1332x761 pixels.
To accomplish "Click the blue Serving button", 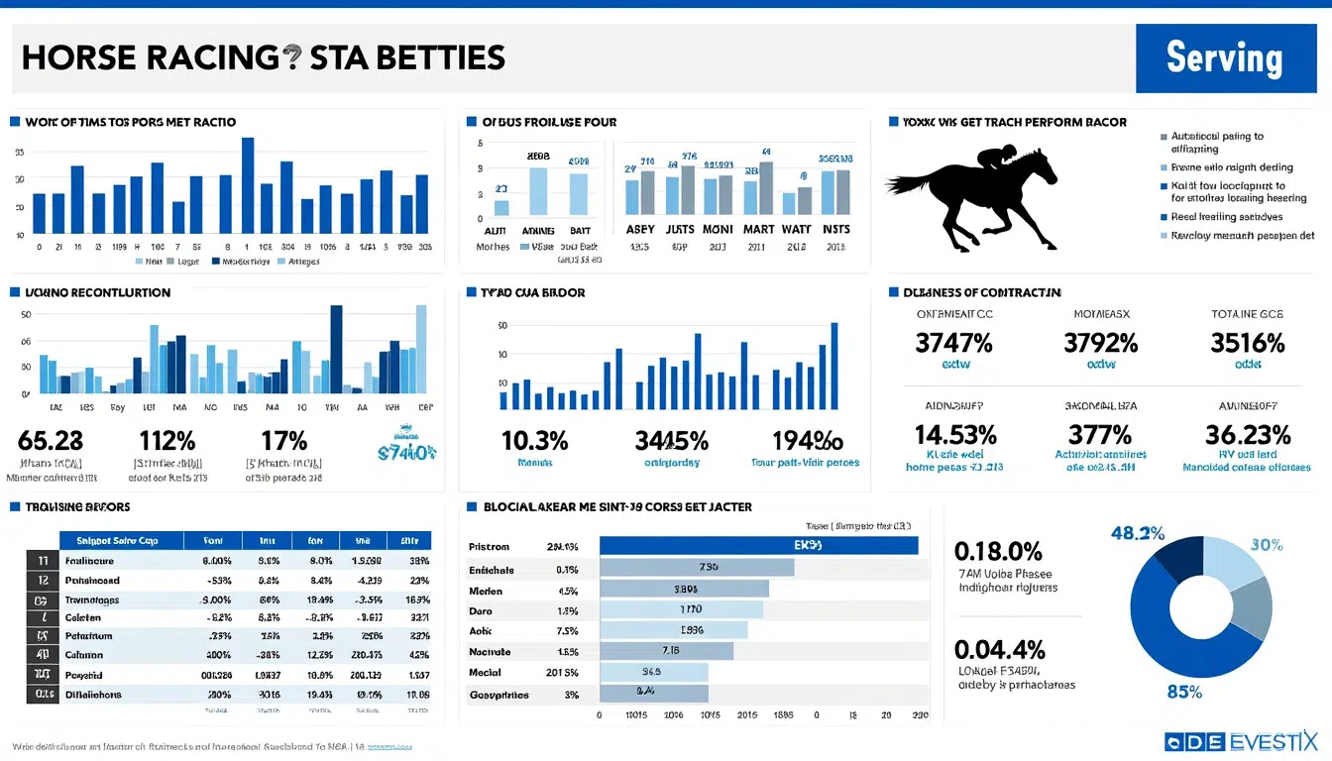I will [x=1224, y=57].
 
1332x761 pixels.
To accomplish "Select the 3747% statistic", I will [x=953, y=343].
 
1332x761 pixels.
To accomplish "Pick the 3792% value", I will [x=1100, y=343].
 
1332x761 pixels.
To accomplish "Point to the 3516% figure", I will [x=1247, y=343].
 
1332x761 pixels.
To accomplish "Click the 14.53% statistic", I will [x=954, y=434].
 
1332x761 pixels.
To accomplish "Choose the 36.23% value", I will [x=1247, y=434].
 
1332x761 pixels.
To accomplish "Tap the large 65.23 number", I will [x=51, y=440].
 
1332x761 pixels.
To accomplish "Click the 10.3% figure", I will [x=534, y=440].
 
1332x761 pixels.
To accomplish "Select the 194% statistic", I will [x=806, y=440].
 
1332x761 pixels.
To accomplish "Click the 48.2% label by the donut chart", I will [x=1138, y=533].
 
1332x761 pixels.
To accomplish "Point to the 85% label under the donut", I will [x=1184, y=692].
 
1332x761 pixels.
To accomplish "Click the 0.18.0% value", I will [x=997, y=551].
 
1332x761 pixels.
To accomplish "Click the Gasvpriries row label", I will [x=498, y=695].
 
